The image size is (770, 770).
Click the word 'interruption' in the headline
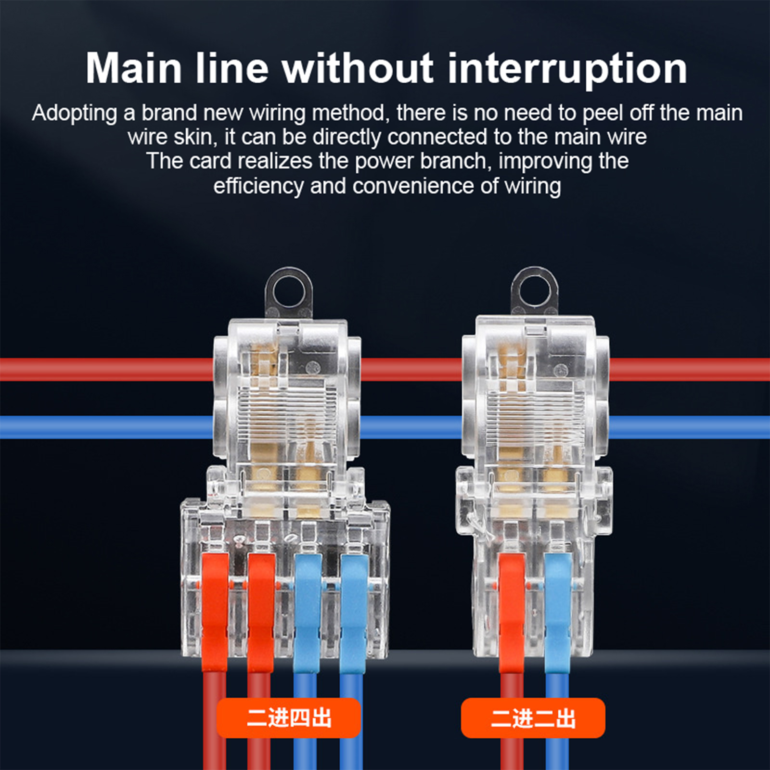point(567,69)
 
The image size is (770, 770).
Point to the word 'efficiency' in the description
point(258,186)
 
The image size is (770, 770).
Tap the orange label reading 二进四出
point(289,718)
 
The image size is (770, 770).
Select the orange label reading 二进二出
point(533,718)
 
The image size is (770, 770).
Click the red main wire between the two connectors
point(411,369)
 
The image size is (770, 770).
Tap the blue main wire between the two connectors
point(411,427)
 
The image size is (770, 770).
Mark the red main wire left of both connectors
point(107,369)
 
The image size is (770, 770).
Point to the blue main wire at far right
point(690,427)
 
